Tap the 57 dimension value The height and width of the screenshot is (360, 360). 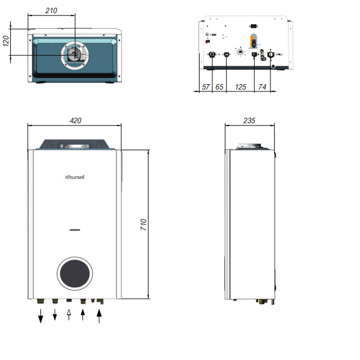tap(206, 88)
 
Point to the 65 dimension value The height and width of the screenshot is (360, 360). tap(219, 88)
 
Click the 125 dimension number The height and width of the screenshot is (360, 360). tap(240, 88)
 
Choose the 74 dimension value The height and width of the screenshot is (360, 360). tap(262, 88)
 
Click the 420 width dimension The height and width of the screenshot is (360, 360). tap(76, 121)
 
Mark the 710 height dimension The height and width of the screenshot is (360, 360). tap(144, 225)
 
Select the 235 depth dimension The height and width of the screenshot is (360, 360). tap(249, 121)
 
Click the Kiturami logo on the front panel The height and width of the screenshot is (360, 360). tap(75, 176)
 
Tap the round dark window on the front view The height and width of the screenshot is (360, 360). tap(75, 273)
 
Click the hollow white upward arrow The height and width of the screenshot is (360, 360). tap(69, 314)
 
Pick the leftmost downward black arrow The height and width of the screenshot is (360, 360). tap(41, 316)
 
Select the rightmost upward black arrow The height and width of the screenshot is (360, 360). tap(100, 316)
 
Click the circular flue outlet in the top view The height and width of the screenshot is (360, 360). tap(75, 53)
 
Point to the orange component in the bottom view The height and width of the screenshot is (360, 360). tap(253, 41)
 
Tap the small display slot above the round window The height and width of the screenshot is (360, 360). tap(75, 230)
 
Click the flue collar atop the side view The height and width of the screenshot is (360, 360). tap(249, 145)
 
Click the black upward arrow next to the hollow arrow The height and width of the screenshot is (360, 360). tap(83, 315)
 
